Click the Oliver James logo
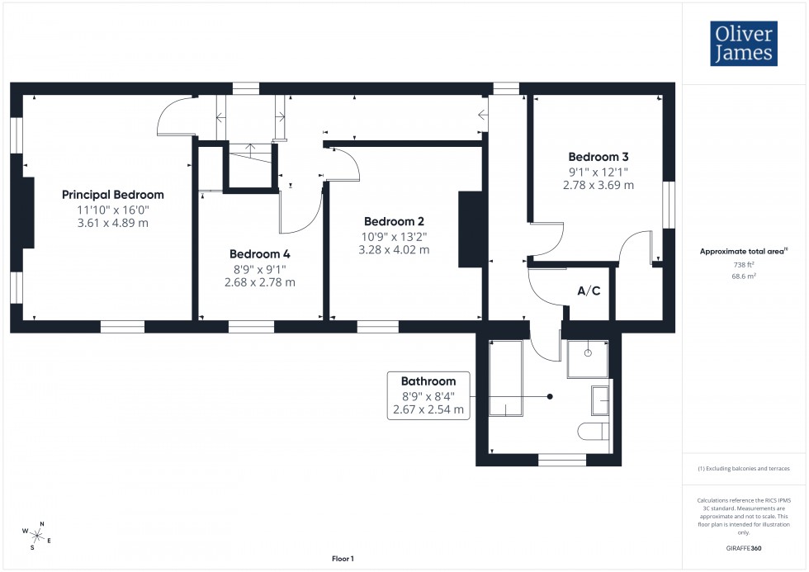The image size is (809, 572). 743,44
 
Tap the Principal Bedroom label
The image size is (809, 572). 113,195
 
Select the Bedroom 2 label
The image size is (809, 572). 394,221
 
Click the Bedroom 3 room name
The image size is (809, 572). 598,157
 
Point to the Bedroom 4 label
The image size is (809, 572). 259,254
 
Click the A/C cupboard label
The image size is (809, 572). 588,291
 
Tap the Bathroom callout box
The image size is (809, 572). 428,395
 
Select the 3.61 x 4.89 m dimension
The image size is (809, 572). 113,223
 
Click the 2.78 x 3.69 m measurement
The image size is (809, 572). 598,185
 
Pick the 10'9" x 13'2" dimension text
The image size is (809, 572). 394,236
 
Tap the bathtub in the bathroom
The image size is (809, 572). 504,380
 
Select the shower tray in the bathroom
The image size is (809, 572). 588,357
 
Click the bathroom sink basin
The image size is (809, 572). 601,401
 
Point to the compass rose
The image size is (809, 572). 37,536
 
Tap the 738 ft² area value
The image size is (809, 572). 744,265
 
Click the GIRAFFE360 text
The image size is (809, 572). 744,547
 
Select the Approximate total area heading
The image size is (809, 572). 744,251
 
